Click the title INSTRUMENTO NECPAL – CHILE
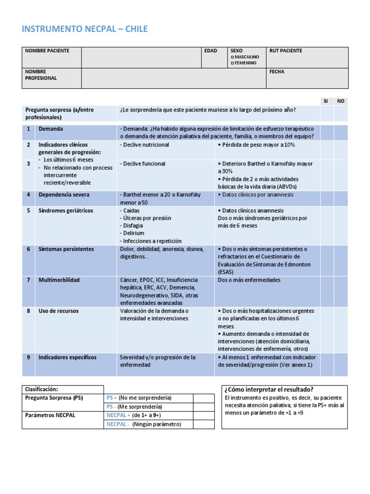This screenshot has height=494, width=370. [x=85, y=29]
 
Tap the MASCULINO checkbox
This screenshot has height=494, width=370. [x=232, y=57]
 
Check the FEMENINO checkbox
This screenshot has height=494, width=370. [x=232, y=63]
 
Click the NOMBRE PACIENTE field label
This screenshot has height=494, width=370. [x=47, y=51]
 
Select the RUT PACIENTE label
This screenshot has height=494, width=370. [x=286, y=51]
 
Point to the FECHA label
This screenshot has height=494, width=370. [x=277, y=72]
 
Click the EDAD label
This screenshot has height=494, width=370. [x=211, y=51]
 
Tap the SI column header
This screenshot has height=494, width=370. [x=326, y=101]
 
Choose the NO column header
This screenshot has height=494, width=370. [x=341, y=101]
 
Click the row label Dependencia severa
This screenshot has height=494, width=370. [x=64, y=195]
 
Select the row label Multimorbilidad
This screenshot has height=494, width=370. [x=59, y=280]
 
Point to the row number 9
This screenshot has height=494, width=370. [x=28, y=357]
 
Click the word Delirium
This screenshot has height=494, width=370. [x=133, y=233]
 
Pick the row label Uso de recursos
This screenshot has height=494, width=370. [x=59, y=311]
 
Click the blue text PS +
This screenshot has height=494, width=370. [x=111, y=398]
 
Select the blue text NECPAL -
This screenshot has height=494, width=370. [x=118, y=424]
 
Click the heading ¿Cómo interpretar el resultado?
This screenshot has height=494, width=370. [x=269, y=390]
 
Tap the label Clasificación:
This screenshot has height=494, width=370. [x=41, y=389]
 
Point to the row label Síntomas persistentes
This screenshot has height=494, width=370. [x=66, y=249]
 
